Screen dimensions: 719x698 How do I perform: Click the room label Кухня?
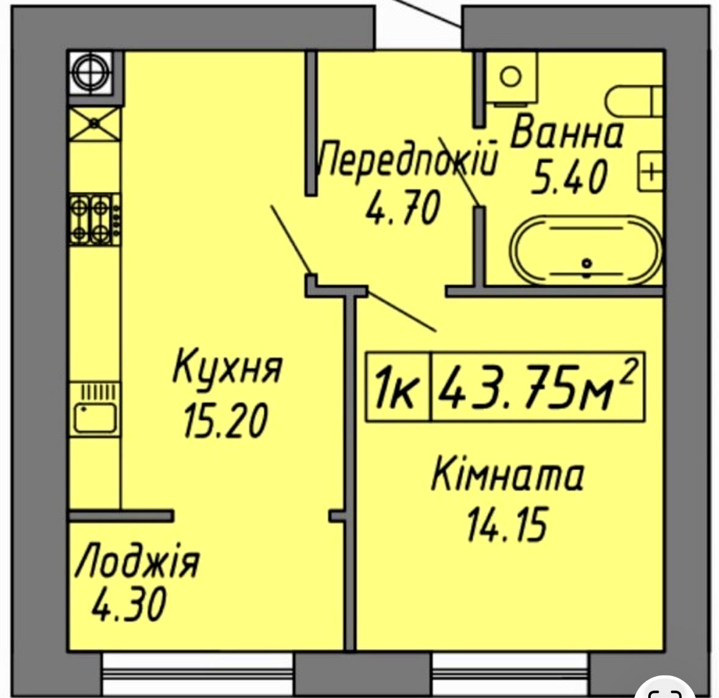pos(227,366)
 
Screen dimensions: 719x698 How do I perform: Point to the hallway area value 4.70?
pos(403,207)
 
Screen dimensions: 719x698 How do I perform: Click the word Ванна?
pos(567,132)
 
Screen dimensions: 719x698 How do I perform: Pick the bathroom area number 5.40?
pos(569,176)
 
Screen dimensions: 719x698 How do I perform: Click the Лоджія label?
pos(137,560)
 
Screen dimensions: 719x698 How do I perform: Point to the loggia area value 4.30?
pos(129,604)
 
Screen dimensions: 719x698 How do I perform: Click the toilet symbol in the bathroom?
pos(635,102)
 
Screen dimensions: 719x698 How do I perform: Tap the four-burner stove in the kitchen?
pos(95,219)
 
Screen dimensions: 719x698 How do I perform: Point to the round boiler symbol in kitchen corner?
pos(90,73)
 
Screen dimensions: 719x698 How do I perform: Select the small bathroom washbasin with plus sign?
pos(651,172)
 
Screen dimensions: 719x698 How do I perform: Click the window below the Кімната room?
pos(510,674)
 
